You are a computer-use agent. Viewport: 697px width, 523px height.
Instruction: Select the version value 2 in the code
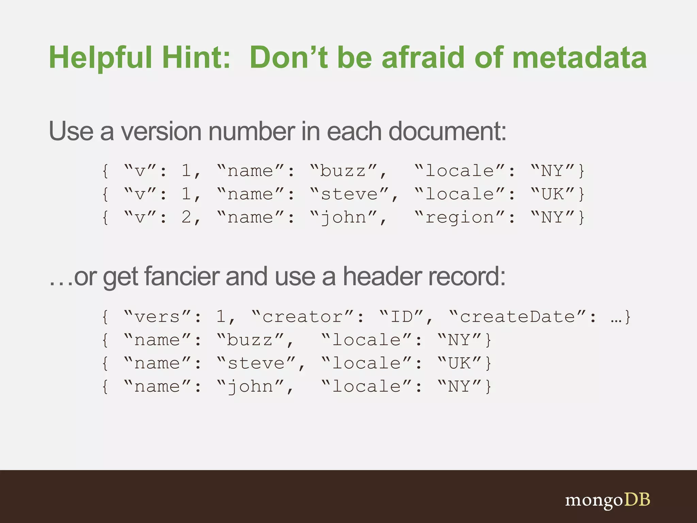click(187, 217)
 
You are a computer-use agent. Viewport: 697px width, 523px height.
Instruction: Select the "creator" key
click(303, 317)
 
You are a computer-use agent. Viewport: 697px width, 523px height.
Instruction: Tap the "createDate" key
click(518, 317)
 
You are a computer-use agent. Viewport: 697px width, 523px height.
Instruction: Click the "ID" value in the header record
click(402, 317)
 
